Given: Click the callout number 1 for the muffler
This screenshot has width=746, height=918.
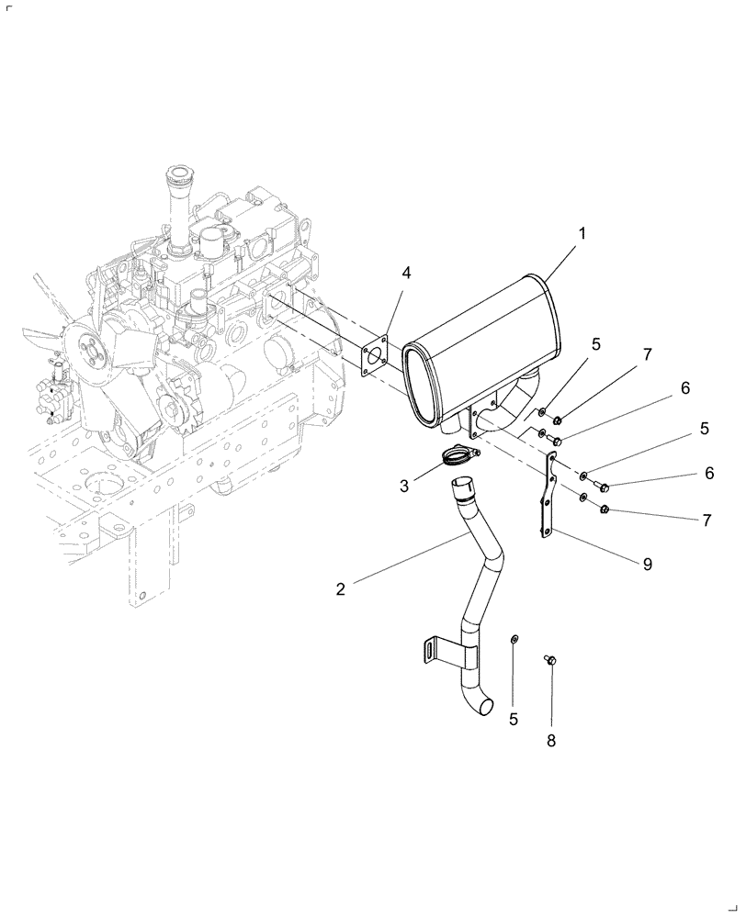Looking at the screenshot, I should click(582, 234).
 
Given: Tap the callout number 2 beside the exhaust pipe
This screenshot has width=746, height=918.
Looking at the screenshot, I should click(341, 588).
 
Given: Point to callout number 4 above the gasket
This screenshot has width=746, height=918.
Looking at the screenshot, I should click(406, 272).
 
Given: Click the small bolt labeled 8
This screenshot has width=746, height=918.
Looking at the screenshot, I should click(550, 658).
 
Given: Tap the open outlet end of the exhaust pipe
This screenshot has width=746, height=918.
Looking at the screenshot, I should click(487, 707).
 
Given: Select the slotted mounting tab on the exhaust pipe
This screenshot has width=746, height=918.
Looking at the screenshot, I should click(427, 650).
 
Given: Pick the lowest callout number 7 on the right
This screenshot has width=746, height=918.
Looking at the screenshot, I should click(706, 521).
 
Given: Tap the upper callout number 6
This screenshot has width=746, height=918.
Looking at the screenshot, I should click(684, 388).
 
